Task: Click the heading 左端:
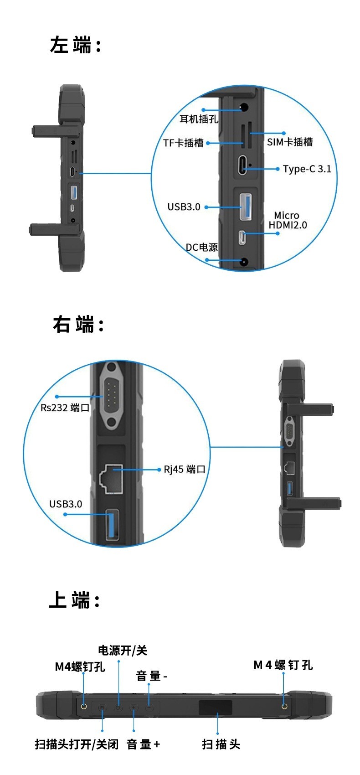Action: (75, 46)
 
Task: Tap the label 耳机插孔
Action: (199, 119)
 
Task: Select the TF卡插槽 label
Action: (183, 143)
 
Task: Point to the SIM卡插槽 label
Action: (290, 142)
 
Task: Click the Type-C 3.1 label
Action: (307, 169)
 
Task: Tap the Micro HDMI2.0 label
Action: (288, 220)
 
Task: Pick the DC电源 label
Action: (201, 248)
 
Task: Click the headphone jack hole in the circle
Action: (243, 108)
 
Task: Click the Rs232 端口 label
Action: (65, 408)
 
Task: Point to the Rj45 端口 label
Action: (185, 470)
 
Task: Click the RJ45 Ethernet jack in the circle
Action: (111, 478)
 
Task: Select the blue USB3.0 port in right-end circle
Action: (113, 525)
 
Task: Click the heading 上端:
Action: (74, 600)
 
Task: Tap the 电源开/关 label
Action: (123, 651)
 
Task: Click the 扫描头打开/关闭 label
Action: (77, 744)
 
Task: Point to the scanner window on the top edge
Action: (215, 707)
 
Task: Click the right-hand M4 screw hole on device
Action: (284, 707)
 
